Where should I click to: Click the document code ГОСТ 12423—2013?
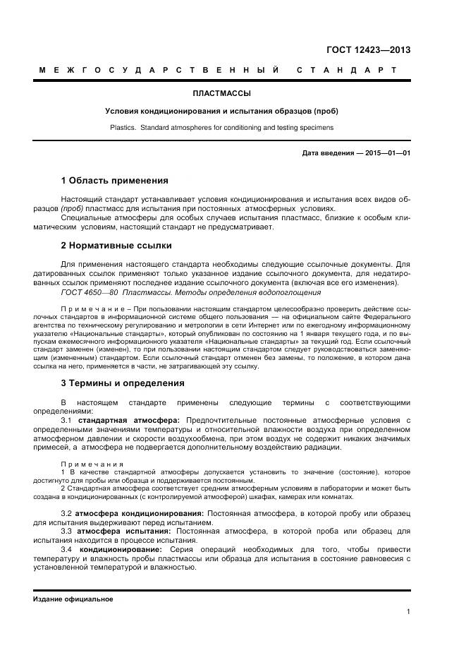[x=367, y=49]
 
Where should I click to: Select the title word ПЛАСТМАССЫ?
[x=222, y=93]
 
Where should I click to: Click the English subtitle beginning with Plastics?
[x=222, y=128]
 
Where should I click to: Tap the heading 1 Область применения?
[x=114, y=180]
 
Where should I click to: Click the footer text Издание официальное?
[x=73, y=599]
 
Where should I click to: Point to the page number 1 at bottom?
[x=408, y=611]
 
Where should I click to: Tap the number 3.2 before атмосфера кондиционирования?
[x=67, y=512]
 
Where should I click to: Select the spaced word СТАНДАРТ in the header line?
[x=348, y=71]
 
